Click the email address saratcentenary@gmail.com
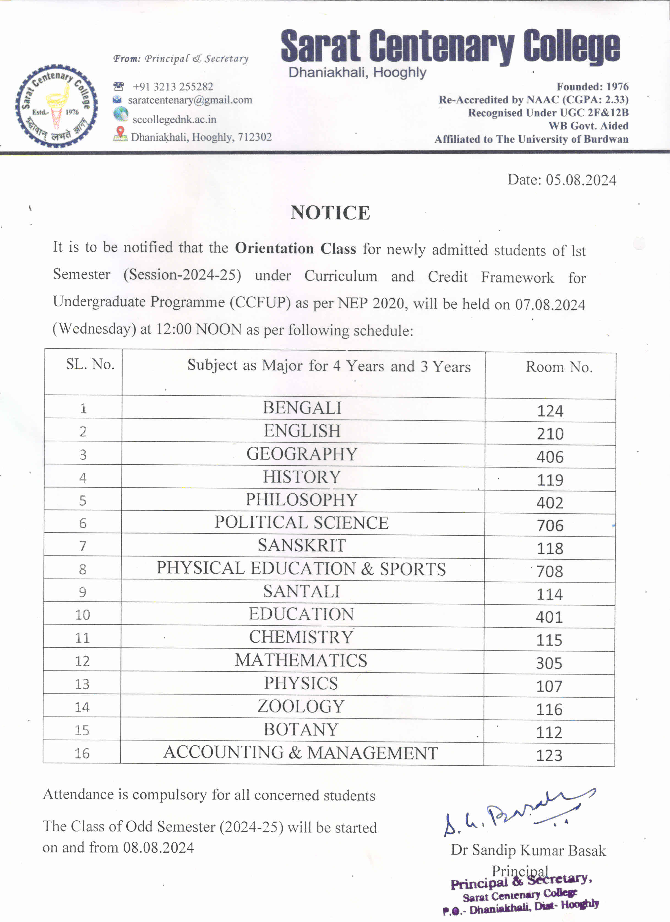coord(190,100)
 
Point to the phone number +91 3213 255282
coord(173,86)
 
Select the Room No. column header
coord(559,367)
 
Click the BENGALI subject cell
coord(302,408)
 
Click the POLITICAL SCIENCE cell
coord(301,523)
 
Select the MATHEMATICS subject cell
coord(301,661)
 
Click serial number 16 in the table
coord(82,753)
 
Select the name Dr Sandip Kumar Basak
coord(528,850)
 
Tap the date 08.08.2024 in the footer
coord(159,848)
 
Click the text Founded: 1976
coord(592,86)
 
